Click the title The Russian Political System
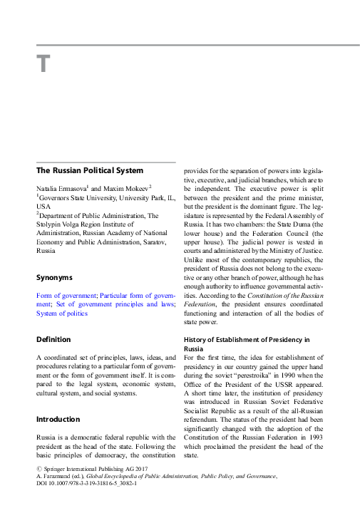coord(90,171)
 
